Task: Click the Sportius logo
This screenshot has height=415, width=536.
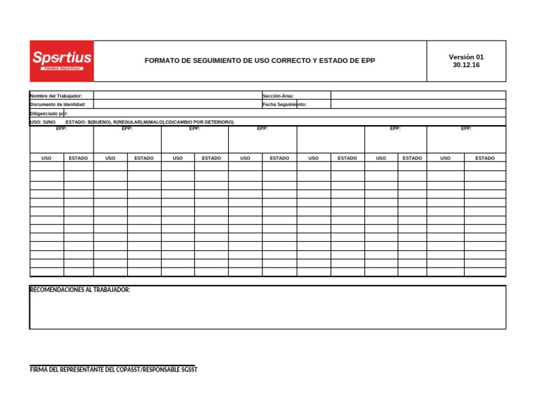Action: point(61,60)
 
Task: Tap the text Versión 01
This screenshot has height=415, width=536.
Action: point(466,57)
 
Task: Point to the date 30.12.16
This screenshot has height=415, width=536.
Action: point(466,65)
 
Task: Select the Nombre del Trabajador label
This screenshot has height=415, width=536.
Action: point(57,96)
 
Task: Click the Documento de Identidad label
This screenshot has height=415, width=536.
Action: point(58,104)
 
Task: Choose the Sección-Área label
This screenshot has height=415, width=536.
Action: point(278,96)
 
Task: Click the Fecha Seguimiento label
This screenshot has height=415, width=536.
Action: point(285,104)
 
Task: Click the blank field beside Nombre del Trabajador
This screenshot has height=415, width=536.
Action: point(177,96)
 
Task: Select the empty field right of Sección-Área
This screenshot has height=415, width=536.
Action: point(417,96)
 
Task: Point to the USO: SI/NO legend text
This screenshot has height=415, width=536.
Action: point(43,122)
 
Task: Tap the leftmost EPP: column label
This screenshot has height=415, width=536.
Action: point(61,129)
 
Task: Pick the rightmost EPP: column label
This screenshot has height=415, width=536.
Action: point(466,129)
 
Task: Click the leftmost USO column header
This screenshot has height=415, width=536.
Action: point(46,159)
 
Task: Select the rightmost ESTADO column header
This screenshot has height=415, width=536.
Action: point(484,159)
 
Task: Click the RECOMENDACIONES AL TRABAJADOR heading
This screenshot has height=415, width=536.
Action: point(80,290)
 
